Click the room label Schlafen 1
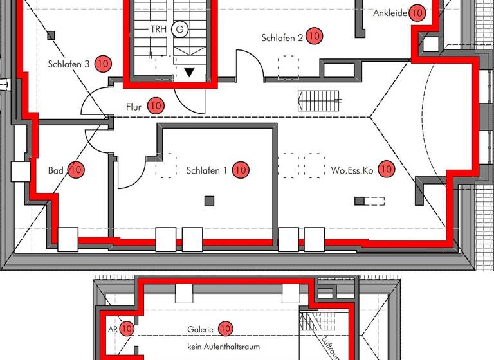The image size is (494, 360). (x=206, y=170)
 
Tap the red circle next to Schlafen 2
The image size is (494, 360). (x=314, y=36)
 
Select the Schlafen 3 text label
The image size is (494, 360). (x=68, y=64)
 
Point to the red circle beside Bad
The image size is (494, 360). (x=76, y=170)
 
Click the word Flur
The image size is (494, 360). (x=133, y=106)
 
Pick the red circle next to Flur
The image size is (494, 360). (x=156, y=105)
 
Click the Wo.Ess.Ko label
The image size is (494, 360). (x=352, y=170)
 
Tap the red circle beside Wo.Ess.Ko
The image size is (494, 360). (x=386, y=170)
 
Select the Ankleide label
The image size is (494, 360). (x=390, y=13)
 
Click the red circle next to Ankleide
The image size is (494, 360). (x=417, y=12)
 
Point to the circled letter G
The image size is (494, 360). (x=180, y=29)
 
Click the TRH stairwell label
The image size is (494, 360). (x=158, y=29)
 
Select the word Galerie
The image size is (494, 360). (x=200, y=329)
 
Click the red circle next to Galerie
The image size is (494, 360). (x=225, y=328)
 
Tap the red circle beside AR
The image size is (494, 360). (x=127, y=328)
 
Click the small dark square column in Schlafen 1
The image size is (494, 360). (x=209, y=201)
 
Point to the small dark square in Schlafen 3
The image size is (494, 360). (x=51, y=36)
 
